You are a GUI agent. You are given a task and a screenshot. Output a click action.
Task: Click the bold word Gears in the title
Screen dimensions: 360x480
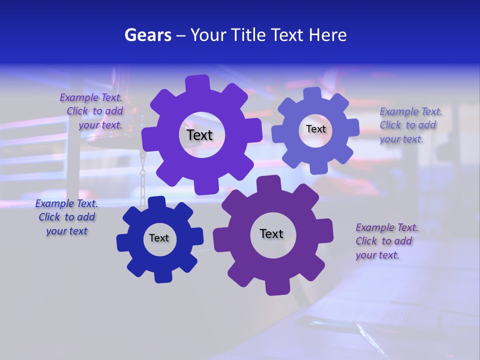147,35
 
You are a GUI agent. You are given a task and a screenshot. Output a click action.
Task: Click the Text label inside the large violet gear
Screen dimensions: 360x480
200,135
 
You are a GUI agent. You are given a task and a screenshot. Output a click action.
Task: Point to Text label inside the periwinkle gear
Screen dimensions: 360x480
316,129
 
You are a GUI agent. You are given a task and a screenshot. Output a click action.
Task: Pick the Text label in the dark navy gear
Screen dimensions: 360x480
159,238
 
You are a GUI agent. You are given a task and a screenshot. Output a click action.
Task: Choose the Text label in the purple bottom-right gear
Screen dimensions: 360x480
271,233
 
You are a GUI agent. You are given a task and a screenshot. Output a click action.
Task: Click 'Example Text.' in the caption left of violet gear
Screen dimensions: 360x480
91,98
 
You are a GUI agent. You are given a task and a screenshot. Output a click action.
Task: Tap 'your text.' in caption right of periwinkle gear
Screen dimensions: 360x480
401,139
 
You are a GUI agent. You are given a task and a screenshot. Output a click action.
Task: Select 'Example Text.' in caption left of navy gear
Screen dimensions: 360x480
66,203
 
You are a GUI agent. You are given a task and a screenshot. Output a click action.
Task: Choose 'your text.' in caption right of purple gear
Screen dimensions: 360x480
377,255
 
